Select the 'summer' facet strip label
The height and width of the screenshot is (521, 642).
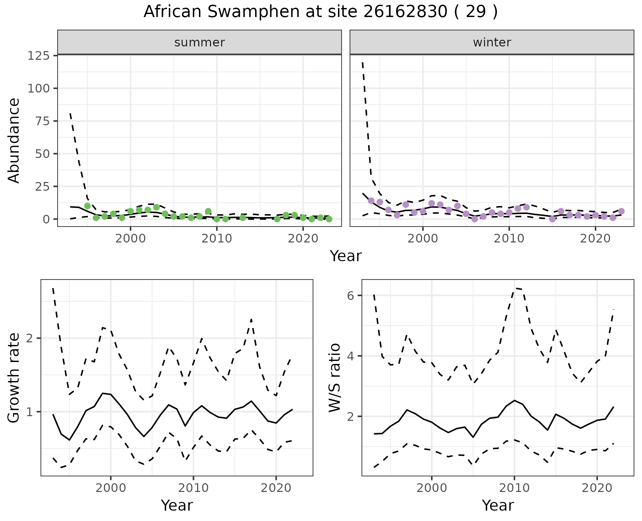click(x=200, y=42)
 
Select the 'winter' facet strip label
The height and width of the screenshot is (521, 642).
click(x=492, y=42)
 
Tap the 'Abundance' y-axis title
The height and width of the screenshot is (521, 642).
click(x=14, y=140)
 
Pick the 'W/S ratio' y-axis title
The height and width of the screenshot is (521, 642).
click(x=335, y=377)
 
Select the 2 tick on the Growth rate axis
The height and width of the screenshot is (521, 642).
click(x=30, y=338)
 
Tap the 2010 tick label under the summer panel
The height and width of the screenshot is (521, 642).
click(x=217, y=239)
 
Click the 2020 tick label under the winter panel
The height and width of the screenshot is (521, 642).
click(x=595, y=239)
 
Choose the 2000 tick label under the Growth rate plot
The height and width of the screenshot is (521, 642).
click(x=111, y=488)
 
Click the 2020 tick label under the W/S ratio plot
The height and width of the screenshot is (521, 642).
click(x=597, y=488)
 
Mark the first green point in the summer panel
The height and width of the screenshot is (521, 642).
click(x=87, y=206)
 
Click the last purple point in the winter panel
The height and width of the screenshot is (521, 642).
click(x=621, y=211)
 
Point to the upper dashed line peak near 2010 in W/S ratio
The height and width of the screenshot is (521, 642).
click(x=515, y=288)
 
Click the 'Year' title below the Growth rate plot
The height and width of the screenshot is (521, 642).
click(x=177, y=505)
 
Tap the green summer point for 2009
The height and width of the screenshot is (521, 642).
click(x=208, y=211)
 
